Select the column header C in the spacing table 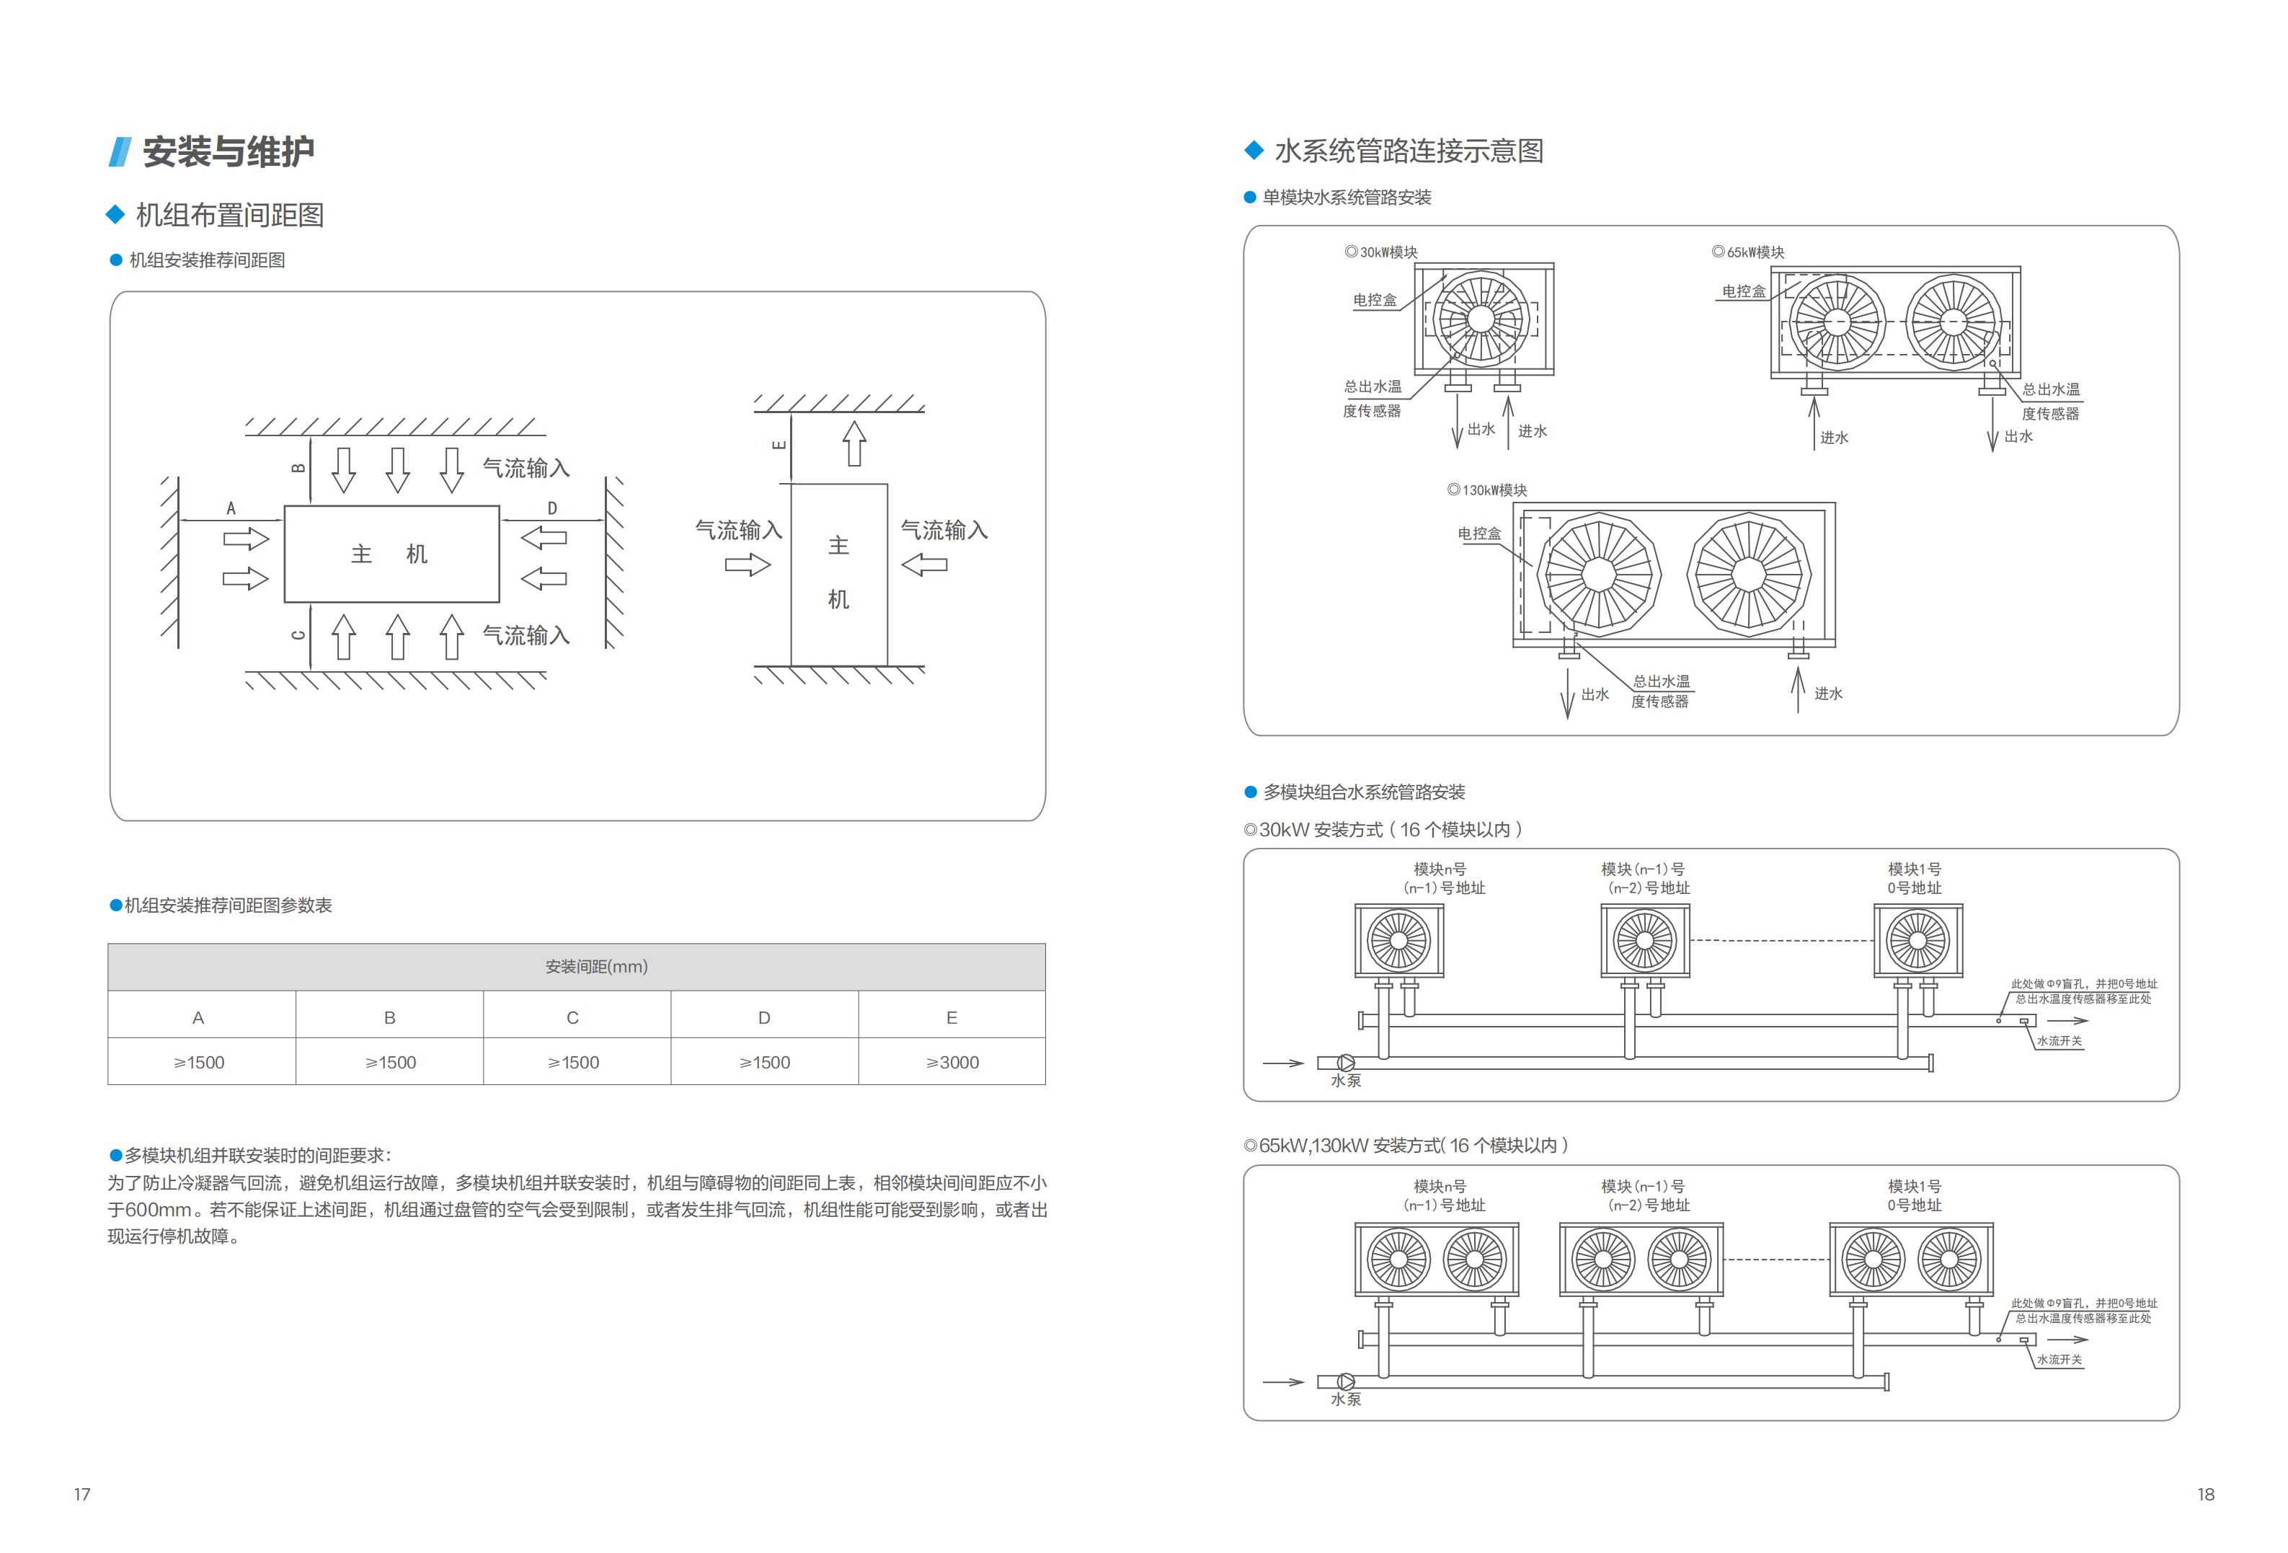tap(572, 1017)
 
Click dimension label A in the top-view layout tap(231, 508)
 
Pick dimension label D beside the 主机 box tap(552, 508)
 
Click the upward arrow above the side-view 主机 tap(854, 444)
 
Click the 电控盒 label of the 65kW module tap(1744, 291)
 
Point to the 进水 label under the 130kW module tap(1828, 694)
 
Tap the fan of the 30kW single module tap(1480, 319)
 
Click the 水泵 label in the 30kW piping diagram tap(1346, 1080)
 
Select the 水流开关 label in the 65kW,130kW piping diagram tap(2059, 1360)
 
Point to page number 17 tap(83, 1494)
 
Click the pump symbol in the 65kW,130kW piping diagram tap(1345, 1381)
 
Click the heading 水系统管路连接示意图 tap(1408, 151)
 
